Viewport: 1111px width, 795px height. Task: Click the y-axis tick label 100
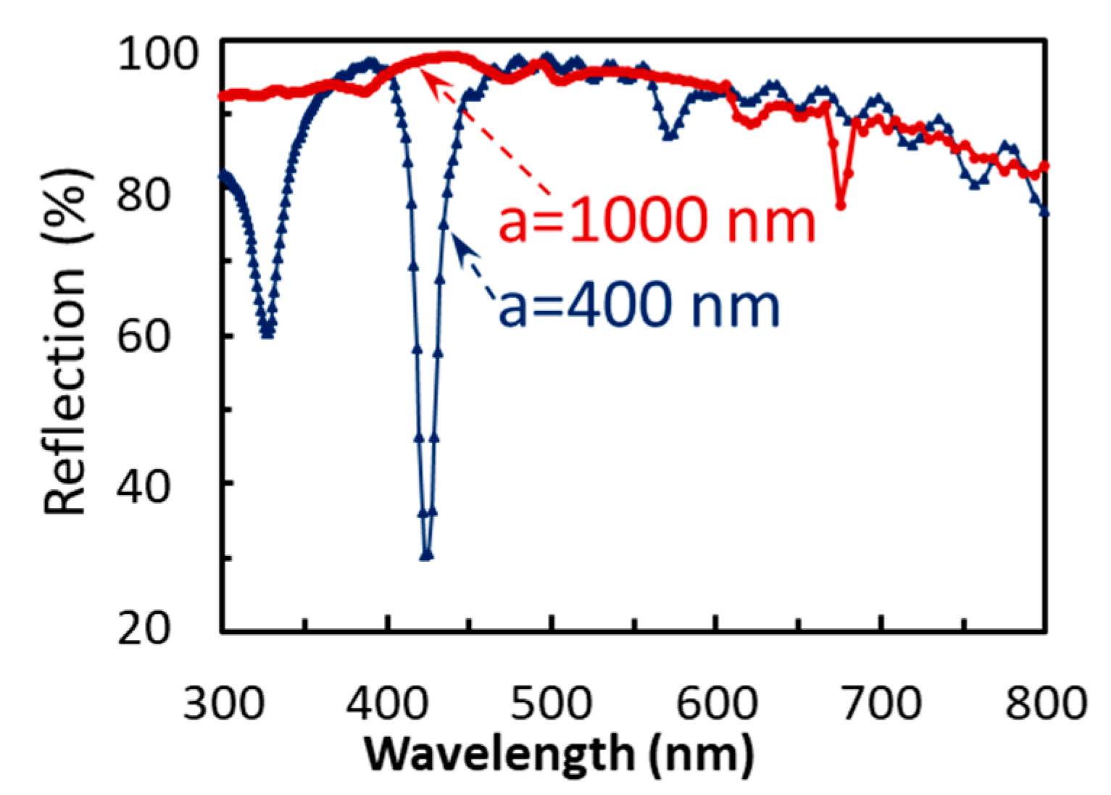tap(157, 54)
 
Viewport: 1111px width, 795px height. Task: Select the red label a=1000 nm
tap(657, 220)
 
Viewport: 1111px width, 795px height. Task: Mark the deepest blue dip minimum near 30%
tap(426, 555)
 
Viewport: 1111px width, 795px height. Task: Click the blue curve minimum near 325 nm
tap(267, 332)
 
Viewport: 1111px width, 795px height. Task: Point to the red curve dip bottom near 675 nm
tap(841, 206)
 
